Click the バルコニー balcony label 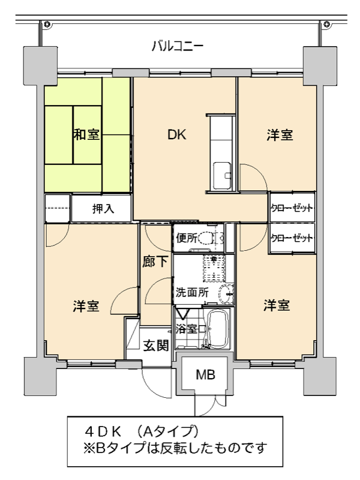178,47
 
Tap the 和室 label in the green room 86,134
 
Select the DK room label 176,134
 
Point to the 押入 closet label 103,209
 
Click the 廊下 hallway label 155,262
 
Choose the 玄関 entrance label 156,346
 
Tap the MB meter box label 205,374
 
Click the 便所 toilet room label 187,238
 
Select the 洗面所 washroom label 192,292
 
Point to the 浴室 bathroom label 186,329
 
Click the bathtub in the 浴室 218,329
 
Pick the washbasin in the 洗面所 226,294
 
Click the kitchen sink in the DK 223,176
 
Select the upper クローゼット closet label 292,208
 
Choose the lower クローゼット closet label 292,238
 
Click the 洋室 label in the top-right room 280,135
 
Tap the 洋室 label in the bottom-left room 86,306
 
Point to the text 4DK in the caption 103,432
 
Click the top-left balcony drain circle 47,24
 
